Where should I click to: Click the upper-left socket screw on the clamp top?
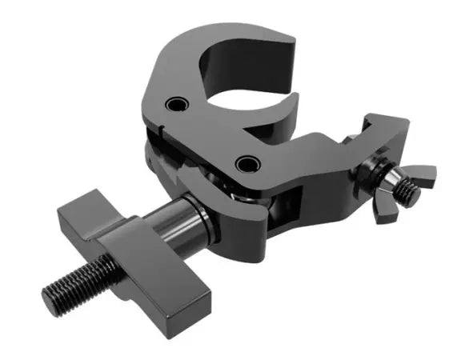click(175, 106)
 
